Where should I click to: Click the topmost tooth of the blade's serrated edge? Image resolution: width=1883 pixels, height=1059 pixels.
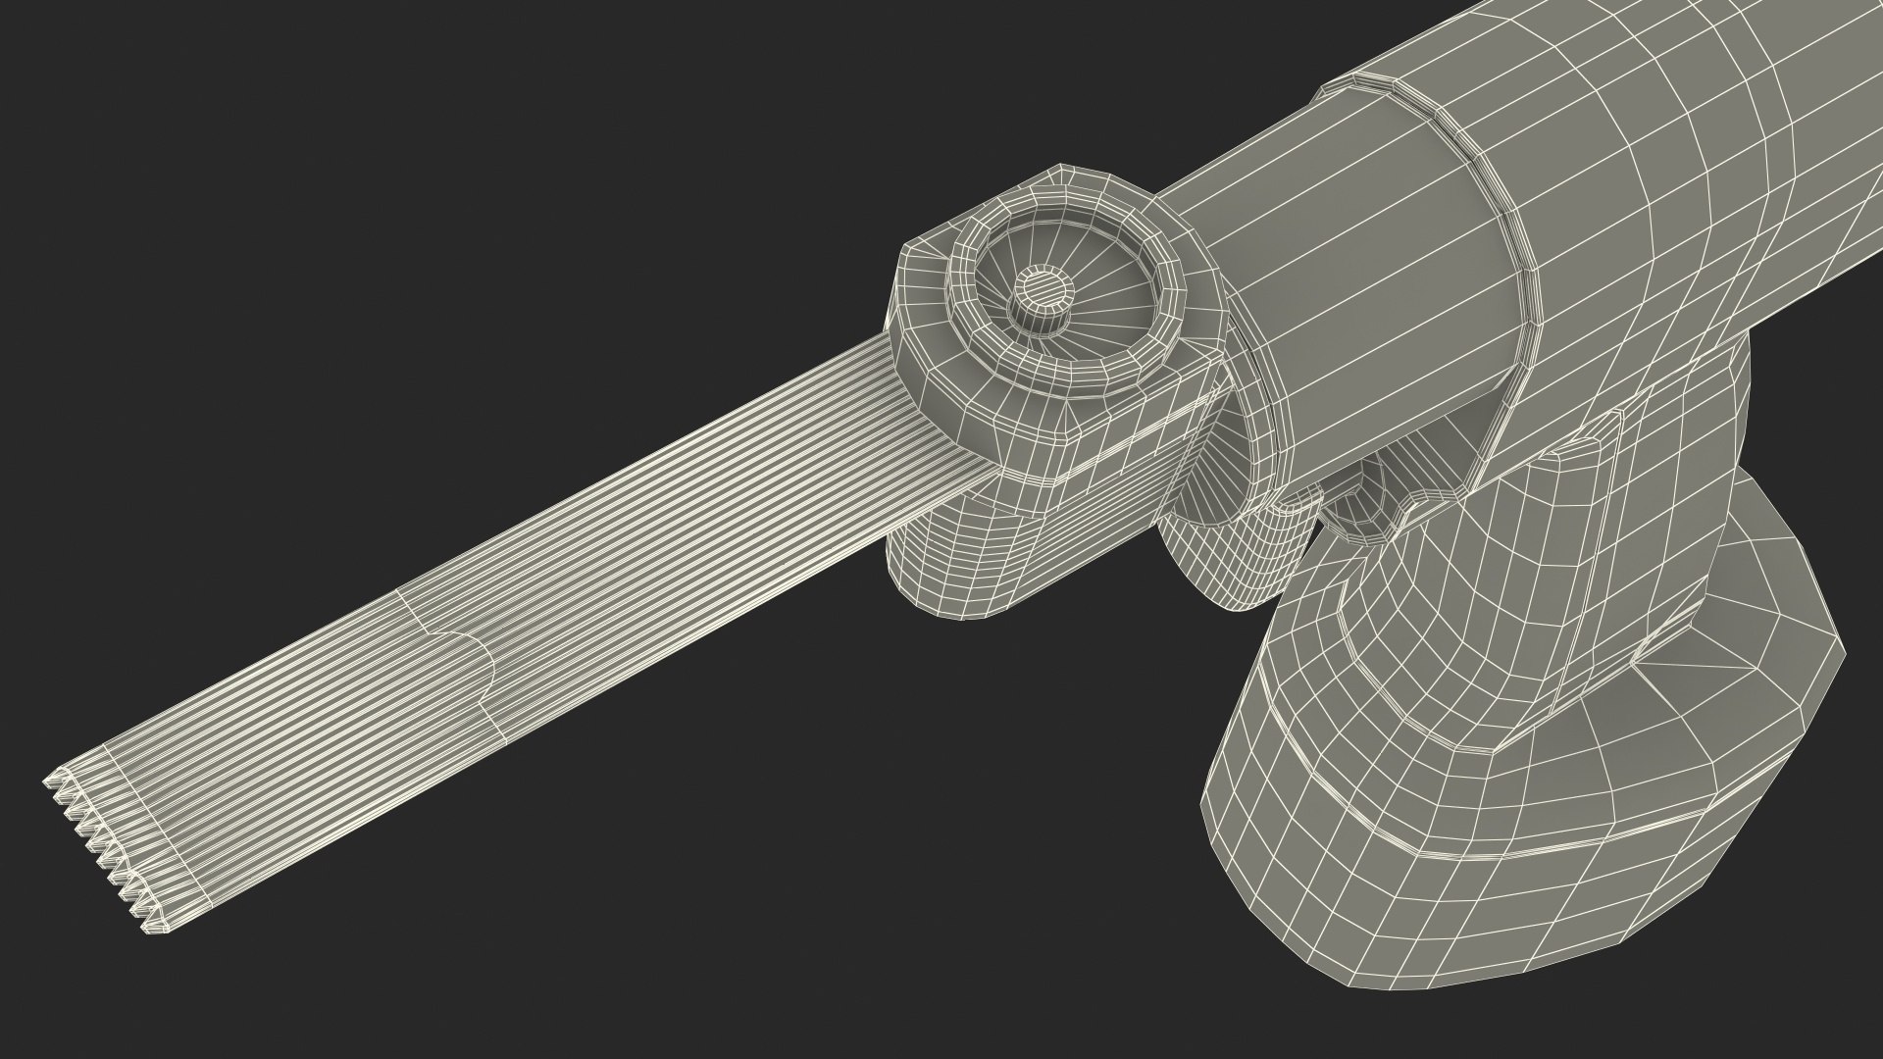pos(49,782)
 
